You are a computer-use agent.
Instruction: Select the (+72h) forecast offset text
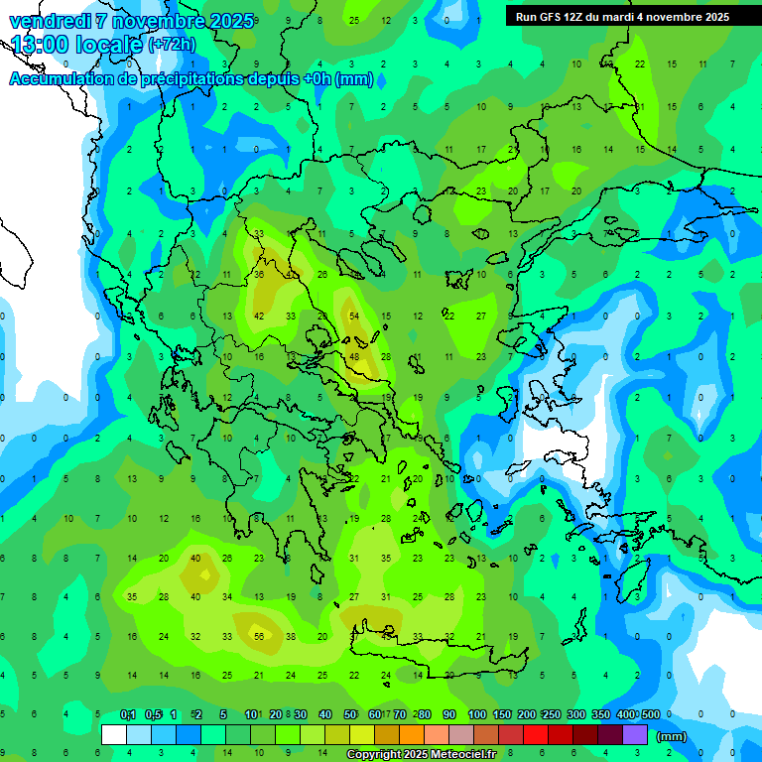click(172, 45)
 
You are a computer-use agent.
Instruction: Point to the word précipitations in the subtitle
click(190, 79)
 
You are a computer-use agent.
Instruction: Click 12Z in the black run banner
click(584, 17)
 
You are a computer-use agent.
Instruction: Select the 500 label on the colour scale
click(650, 715)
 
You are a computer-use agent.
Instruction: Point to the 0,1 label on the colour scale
click(128, 715)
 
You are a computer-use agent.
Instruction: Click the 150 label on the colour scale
click(502, 715)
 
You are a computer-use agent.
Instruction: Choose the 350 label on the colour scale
click(601, 715)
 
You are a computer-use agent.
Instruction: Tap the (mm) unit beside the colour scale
click(672, 736)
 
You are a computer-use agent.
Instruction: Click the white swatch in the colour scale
click(113, 735)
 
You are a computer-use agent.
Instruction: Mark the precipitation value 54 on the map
click(354, 316)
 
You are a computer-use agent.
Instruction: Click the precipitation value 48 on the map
click(354, 357)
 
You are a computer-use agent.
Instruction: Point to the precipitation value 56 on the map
click(259, 636)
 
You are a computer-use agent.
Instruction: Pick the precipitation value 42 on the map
click(259, 316)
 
